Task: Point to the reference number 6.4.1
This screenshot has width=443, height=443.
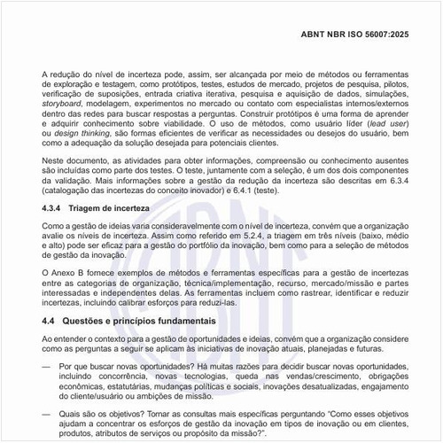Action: tap(322, 191)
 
